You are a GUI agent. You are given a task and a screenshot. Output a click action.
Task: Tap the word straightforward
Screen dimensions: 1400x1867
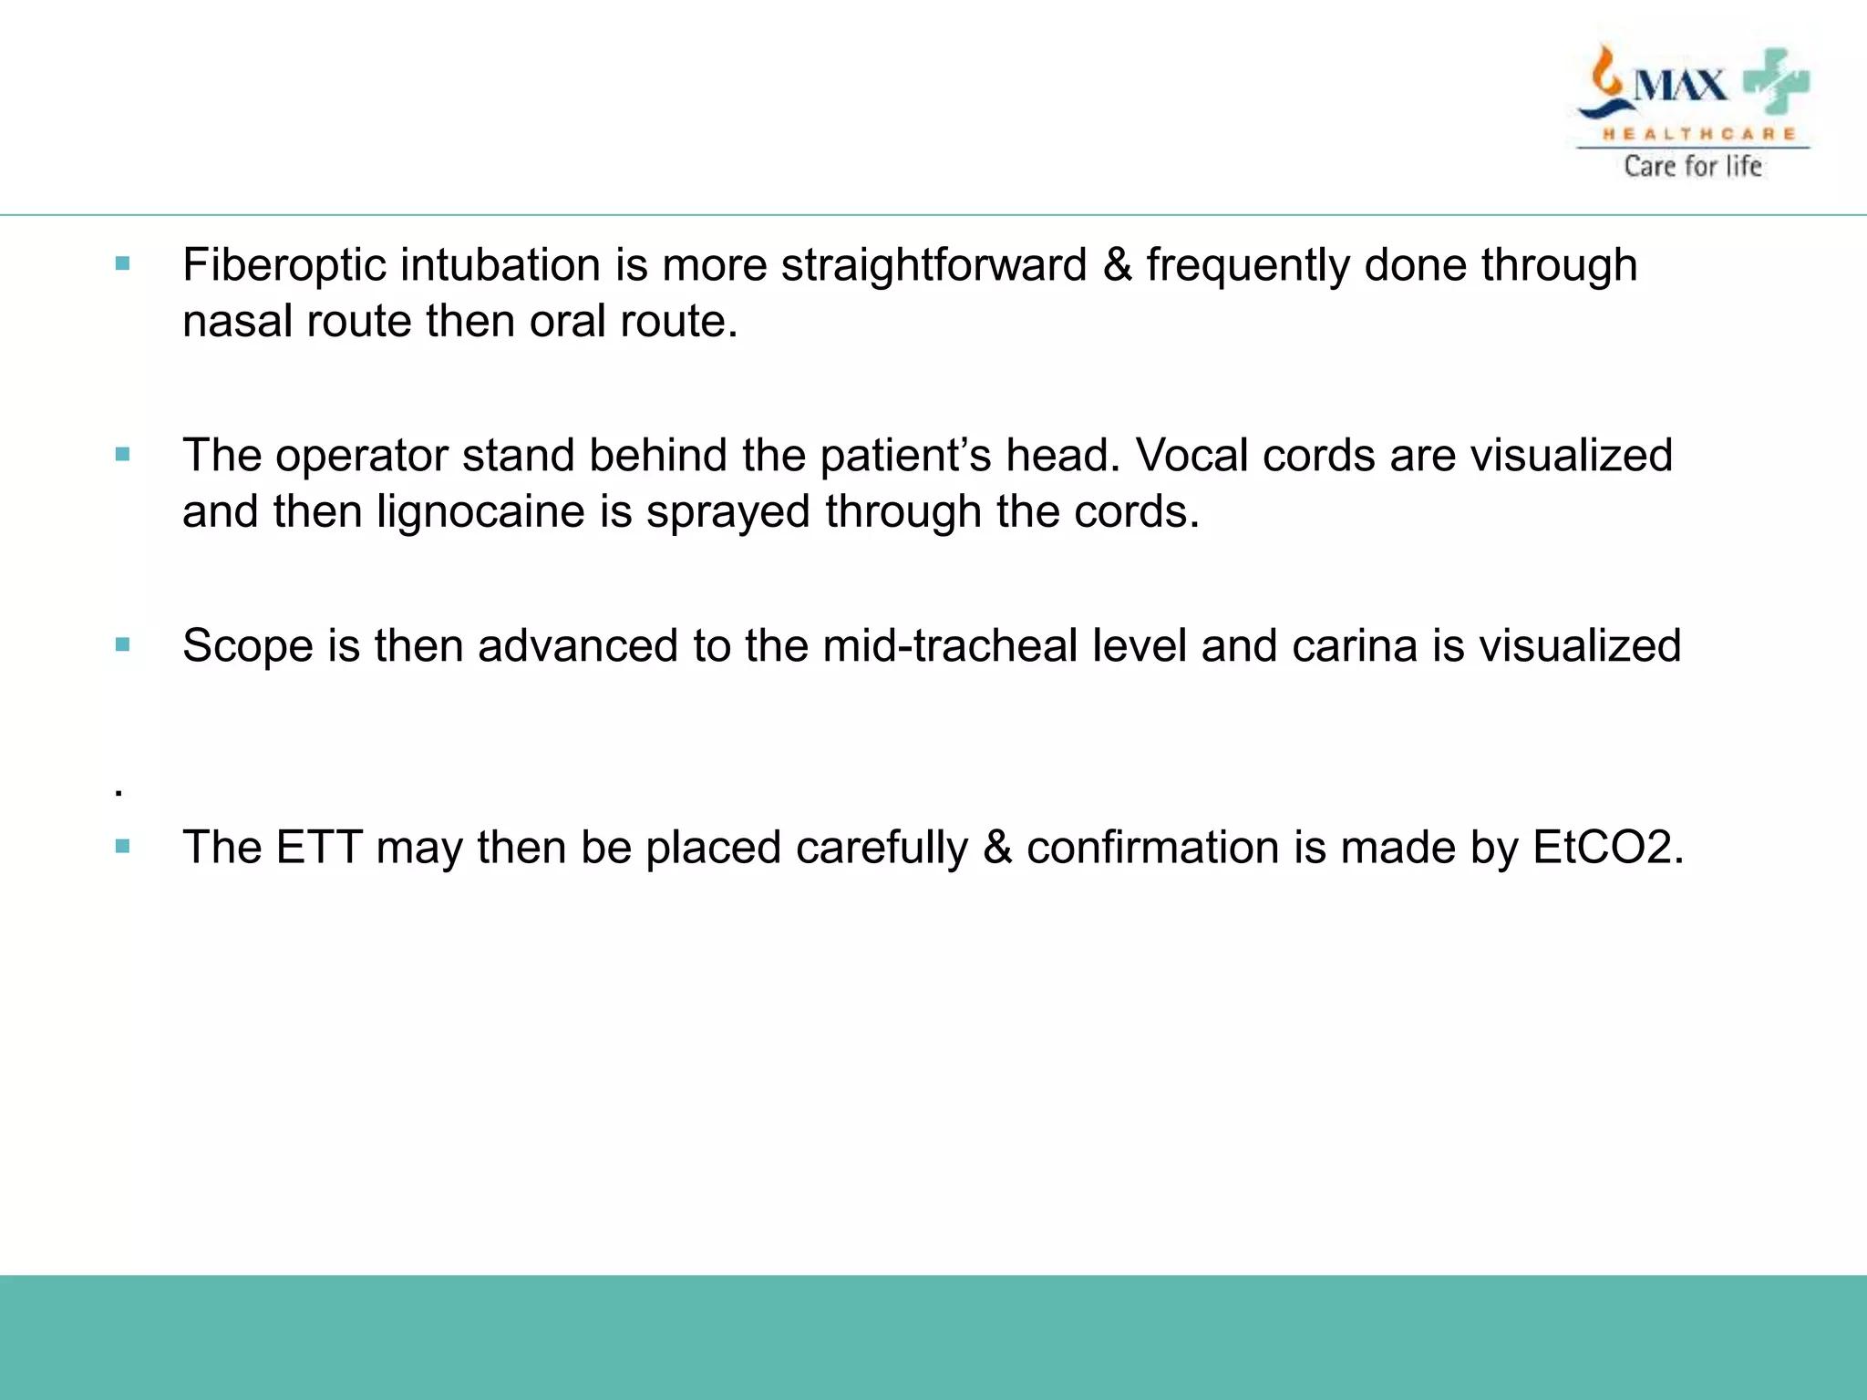[933, 266]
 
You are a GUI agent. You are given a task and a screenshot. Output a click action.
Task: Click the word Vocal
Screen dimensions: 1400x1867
[1191, 456]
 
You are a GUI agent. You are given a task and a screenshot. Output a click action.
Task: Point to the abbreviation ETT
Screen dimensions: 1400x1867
[318, 848]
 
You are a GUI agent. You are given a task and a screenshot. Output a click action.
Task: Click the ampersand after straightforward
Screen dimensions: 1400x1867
[1117, 266]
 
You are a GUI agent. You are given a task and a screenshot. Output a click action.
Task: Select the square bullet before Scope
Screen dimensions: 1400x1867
[123, 645]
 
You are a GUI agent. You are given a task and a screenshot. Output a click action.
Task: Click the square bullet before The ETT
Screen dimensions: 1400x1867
[123, 847]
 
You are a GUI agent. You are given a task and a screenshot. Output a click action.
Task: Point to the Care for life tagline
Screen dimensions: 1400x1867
[1692, 166]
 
